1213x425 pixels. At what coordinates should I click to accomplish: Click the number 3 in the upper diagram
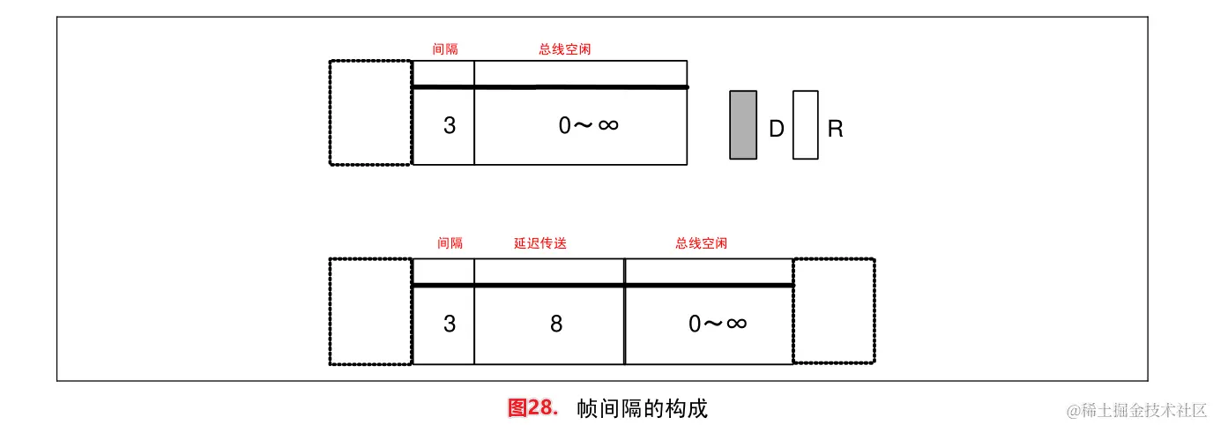tap(450, 126)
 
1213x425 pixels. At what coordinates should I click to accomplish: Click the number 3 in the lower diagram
tap(450, 324)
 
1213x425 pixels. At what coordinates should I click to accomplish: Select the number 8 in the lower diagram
tap(556, 324)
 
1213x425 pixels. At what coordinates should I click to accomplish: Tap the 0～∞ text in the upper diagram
tap(588, 125)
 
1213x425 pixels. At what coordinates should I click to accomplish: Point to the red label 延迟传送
tap(540, 243)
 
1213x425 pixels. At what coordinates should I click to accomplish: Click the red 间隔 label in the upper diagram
tap(445, 49)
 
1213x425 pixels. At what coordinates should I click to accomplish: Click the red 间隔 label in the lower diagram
tap(450, 243)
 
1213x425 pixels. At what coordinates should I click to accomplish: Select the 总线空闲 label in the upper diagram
tap(564, 49)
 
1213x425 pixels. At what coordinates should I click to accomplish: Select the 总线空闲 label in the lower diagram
tap(702, 243)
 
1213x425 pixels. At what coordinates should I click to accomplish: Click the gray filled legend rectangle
tap(743, 125)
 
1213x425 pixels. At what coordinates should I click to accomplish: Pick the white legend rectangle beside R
tap(805, 125)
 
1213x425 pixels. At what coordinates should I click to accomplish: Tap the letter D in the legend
tap(777, 130)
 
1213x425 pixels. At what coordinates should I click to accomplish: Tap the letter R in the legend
tap(836, 130)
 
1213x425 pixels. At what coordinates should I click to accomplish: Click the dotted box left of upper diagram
tap(370, 112)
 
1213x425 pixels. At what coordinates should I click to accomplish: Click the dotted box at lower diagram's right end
tap(834, 310)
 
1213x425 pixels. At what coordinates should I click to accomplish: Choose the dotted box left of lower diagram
tap(370, 310)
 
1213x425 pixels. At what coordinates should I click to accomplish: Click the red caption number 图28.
tap(533, 408)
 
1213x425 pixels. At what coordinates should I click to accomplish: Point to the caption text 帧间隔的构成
tap(643, 409)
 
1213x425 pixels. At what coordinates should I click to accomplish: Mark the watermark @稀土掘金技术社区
tap(1135, 410)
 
